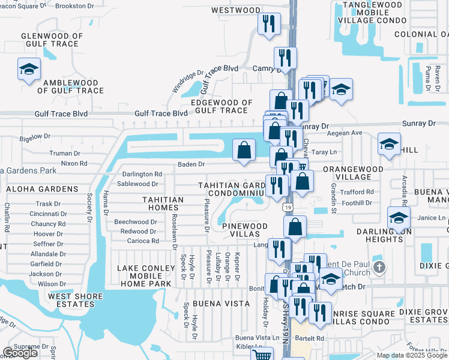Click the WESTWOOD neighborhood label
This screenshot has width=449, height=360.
(236, 10)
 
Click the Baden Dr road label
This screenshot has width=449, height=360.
(191, 164)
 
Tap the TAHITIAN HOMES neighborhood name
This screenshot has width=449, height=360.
(163, 203)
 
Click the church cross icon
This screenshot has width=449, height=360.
(378, 266)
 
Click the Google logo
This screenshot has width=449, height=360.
(20, 353)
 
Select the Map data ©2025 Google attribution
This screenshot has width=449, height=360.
(412, 355)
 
